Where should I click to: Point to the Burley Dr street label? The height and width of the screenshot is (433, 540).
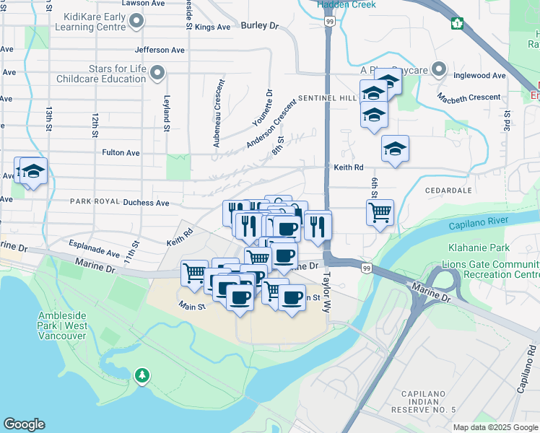tap(260, 25)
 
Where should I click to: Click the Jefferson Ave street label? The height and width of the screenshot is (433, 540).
tap(160, 51)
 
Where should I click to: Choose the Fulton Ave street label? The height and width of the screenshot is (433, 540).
tap(121, 153)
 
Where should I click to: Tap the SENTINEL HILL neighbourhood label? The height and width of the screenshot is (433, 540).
tap(328, 97)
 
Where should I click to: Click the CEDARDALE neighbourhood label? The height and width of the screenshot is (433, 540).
tap(448, 191)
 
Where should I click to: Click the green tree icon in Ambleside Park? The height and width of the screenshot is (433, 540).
tap(142, 375)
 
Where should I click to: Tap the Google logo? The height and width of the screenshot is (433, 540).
tap(25, 424)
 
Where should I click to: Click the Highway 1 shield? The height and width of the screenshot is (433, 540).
tap(456, 24)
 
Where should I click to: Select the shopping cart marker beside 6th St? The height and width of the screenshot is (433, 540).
tap(380, 213)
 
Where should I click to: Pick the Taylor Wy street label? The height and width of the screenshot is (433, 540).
tap(326, 292)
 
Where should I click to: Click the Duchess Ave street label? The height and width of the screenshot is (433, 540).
tap(145, 203)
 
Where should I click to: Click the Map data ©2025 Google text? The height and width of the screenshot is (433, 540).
tap(495, 427)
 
